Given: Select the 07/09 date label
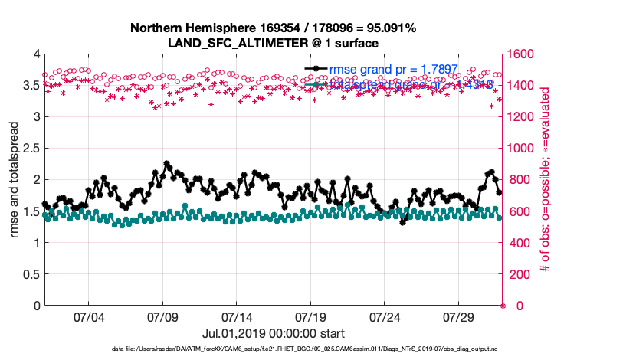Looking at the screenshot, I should pyautogui.click(x=162, y=316).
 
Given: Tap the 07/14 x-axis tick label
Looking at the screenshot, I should pyautogui.click(x=237, y=316).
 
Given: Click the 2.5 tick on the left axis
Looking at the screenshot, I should pyautogui.click(x=31, y=149).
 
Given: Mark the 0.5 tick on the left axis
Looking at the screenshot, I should pyautogui.click(x=31, y=274).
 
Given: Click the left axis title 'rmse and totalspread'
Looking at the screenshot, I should pyautogui.click(x=15, y=180).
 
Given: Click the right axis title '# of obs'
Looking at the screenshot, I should pyautogui.click(x=545, y=180).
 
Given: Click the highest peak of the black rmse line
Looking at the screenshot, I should pyautogui.click(x=166, y=164).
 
